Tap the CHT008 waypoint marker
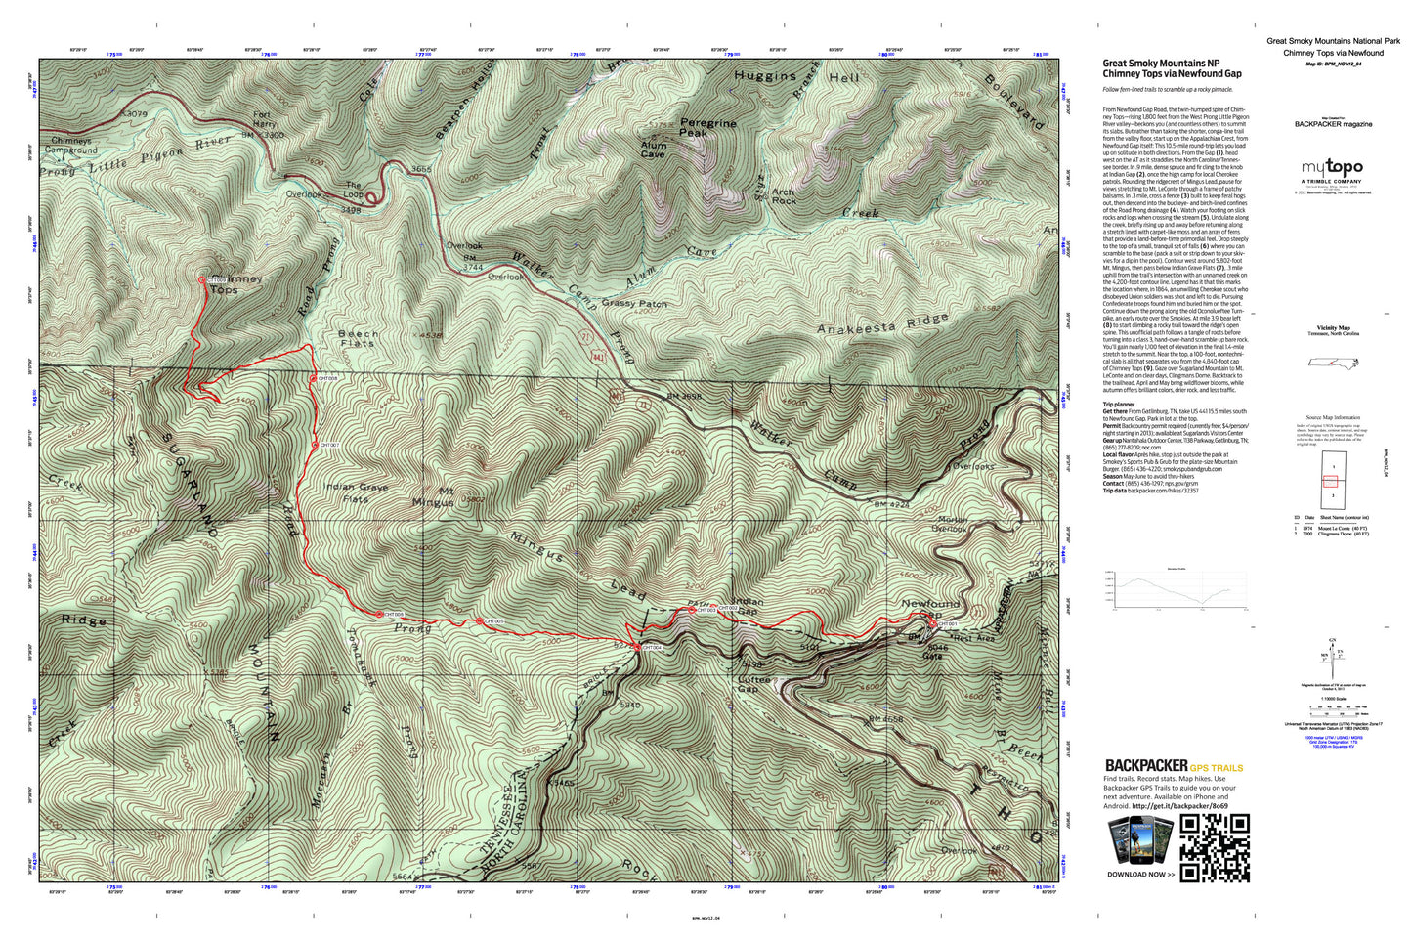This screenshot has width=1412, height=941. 314,378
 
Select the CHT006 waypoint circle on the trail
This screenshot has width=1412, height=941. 379,615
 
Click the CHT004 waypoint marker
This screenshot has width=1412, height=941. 637,647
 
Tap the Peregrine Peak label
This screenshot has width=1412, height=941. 707,128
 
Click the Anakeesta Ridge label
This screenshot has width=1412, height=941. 882,324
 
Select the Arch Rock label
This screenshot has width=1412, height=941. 783,197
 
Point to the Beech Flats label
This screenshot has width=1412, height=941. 358,338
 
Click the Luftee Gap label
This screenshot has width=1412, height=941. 753,684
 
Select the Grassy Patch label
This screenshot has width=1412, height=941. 634,303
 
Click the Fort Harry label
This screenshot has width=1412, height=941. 263,119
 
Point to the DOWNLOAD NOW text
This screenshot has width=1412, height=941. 1135,875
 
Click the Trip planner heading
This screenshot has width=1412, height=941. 1119,404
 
